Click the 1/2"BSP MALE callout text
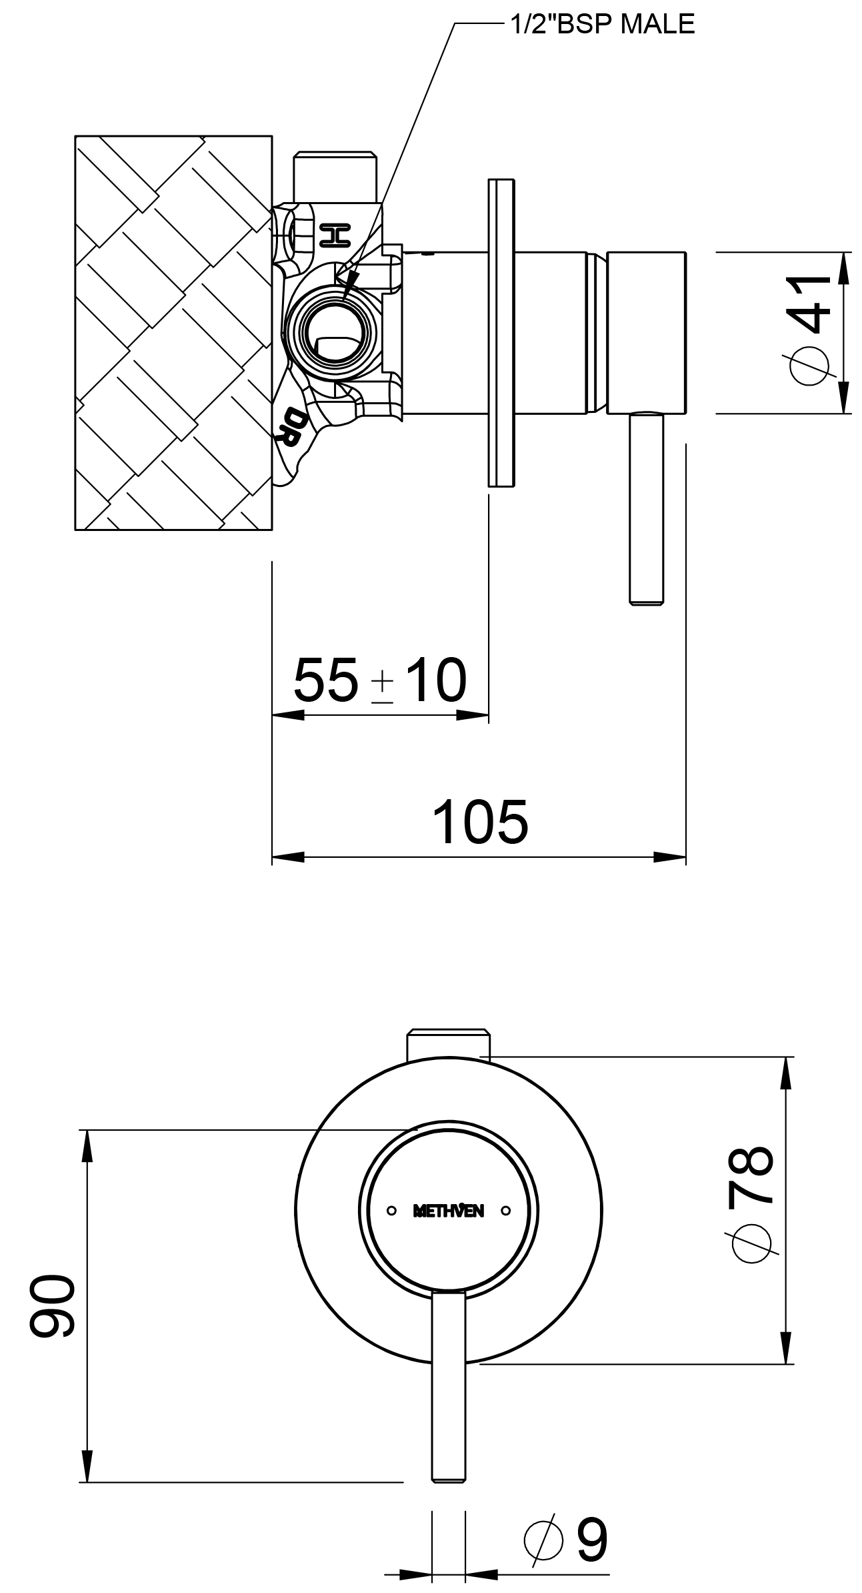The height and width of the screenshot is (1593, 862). tap(602, 24)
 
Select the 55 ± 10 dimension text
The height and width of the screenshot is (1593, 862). tap(380, 680)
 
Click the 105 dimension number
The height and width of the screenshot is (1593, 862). tap(480, 821)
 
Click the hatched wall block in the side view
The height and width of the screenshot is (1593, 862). tap(173, 333)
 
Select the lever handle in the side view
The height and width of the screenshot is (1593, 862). tap(647, 507)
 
